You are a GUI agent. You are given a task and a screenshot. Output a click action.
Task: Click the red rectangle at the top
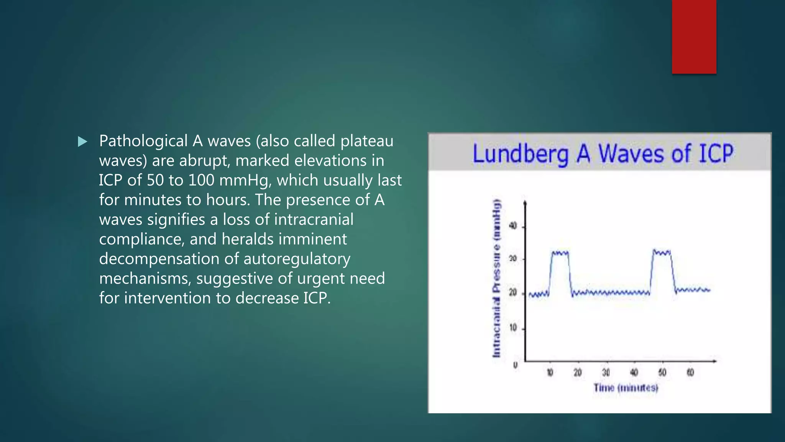coord(694,36)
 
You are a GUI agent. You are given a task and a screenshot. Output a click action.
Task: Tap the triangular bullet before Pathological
coord(82,142)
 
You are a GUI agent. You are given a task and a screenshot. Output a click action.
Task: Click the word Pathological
coord(143,141)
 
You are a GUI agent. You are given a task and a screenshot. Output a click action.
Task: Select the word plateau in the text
coord(366,141)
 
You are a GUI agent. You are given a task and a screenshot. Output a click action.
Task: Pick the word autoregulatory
coord(297,259)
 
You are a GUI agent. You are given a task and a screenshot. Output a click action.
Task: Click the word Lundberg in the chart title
coord(520,154)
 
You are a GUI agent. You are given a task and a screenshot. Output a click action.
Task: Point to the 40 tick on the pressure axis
coord(513,226)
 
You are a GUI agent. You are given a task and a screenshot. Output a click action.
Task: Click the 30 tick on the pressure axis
coord(513,259)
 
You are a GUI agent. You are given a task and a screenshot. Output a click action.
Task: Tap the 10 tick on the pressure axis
coord(513,328)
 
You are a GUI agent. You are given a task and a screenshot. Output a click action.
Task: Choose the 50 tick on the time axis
coord(662,373)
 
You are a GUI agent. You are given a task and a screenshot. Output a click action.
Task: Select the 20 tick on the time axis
coord(578,373)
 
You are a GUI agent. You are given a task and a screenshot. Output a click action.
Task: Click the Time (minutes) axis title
coord(626,388)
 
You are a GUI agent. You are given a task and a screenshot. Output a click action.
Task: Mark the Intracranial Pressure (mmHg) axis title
coord(496,279)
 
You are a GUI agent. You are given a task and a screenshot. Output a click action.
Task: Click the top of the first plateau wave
coord(560,253)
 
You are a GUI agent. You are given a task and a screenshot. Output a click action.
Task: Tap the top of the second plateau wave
coord(662,252)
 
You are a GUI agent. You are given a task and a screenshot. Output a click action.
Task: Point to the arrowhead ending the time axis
coord(714,361)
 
